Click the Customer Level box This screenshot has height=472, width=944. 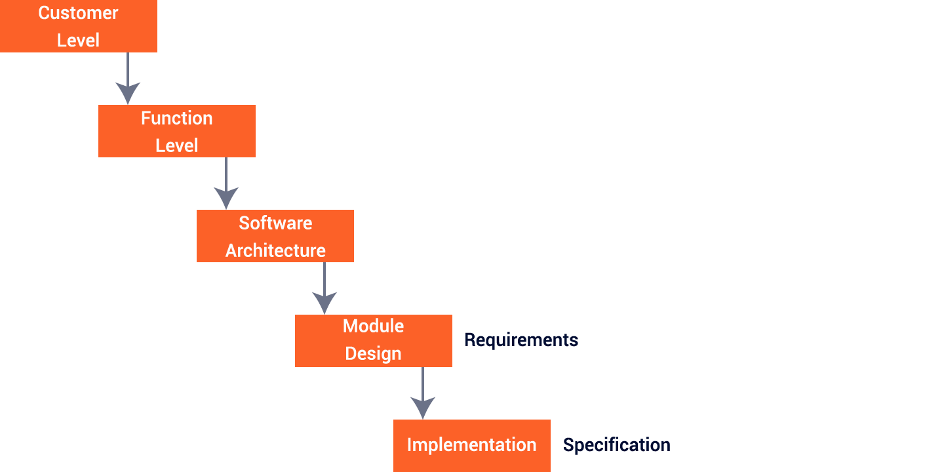(x=79, y=26)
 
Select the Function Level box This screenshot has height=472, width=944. (x=177, y=131)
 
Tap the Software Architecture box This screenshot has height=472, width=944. (x=275, y=236)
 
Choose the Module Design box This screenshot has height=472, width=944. (x=374, y=340)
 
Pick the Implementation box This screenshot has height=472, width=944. (x=471, y=445)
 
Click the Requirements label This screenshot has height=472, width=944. (x=521, y=340)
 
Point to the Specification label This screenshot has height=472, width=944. (x=616, y=445)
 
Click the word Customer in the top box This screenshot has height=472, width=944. (x=79, y=13)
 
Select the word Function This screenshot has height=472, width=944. (x=177, y=118)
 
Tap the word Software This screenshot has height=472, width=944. (x=275, y=223)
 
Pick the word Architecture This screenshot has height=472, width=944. (x=275, y=250)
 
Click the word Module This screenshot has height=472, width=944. (x=374, y=326)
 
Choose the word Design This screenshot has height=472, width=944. (x=374, y=353)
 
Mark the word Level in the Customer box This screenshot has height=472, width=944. (x=79, y=40)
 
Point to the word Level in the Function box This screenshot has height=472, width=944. (x=177, y=145)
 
